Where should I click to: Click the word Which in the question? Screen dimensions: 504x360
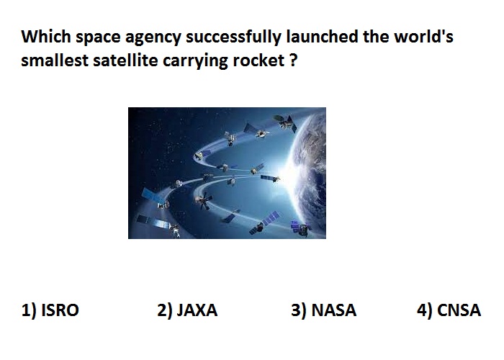(x=46, y=36)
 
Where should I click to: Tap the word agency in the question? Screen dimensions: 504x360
(x=153, y=38)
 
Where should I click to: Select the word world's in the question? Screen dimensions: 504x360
(x=424, y=36)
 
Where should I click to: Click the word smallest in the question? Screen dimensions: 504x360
(x=55, y=60)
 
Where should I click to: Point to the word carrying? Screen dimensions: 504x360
(x=195, y=62)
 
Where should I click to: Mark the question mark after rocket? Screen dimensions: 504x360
(x=292, y=60)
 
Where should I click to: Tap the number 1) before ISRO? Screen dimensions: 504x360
(x=29, y=310)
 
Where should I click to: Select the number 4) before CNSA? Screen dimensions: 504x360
(x=425, y=310)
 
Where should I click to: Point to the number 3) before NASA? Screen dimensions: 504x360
(x=299, y=310)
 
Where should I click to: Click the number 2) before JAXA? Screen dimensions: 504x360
(x=165, y=310)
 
